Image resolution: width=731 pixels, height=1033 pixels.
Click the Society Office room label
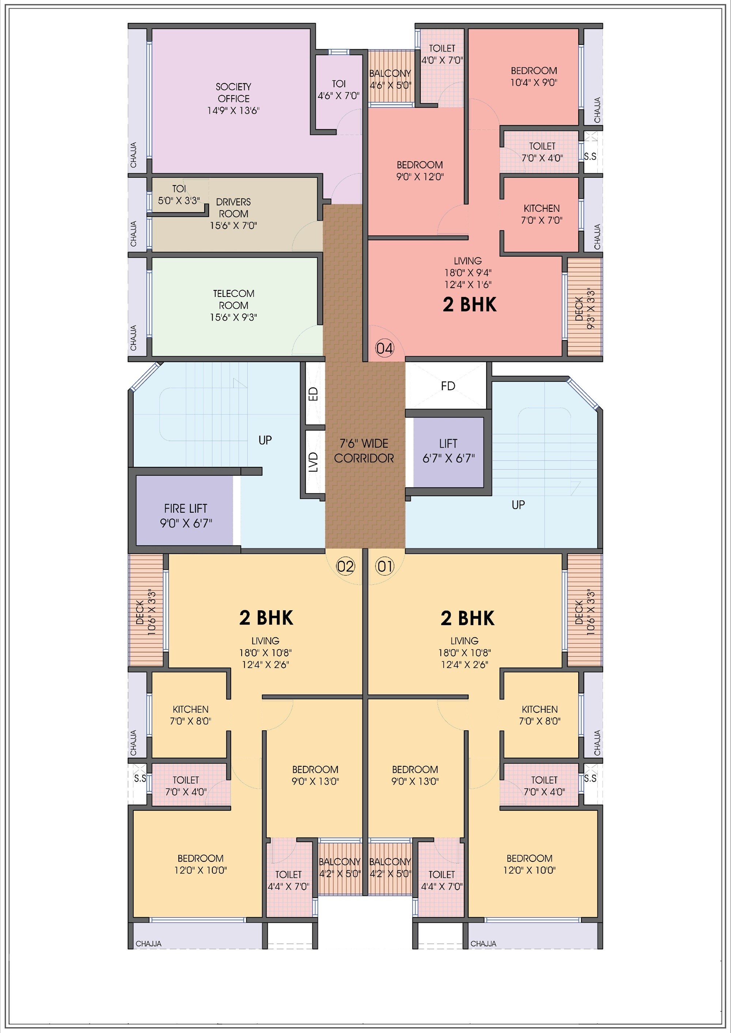point(233,98)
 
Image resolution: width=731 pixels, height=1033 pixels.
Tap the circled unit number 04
point(385,348)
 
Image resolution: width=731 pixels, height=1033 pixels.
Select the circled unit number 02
point(345,566)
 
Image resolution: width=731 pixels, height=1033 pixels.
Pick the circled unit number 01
point(385,566)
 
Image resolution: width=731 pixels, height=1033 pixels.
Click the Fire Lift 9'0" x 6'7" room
point(185,515)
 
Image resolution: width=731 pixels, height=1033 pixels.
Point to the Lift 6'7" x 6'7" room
point(448,451)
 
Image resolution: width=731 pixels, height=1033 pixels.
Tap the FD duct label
point(448,386)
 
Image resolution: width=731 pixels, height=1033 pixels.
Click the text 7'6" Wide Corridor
point(364,451)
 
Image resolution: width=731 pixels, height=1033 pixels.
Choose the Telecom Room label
point(233,305)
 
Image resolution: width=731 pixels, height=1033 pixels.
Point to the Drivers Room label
point(233,214)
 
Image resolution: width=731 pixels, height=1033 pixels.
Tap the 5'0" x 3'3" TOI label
point(179,195)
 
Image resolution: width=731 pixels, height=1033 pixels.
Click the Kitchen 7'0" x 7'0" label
point(542,214)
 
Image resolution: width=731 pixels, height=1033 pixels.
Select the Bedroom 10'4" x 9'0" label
point(534,76)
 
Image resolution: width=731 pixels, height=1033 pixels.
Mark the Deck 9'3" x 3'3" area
point(585,308)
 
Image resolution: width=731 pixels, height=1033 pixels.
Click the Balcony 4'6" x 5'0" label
point(390,79)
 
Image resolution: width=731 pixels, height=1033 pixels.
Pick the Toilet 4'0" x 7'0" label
point(442,54)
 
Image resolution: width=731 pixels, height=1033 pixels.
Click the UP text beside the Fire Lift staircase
point(265,440)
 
